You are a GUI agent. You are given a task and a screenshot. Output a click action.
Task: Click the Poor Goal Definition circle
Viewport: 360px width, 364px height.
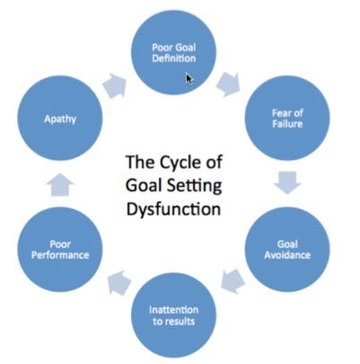174,52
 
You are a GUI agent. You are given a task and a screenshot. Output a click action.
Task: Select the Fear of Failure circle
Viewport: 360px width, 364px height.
287,118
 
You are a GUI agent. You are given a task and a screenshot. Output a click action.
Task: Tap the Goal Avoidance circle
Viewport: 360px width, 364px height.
287,249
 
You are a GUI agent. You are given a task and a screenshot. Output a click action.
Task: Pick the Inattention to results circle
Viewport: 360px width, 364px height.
174,315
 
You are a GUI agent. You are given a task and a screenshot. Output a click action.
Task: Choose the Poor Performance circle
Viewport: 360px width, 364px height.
60,249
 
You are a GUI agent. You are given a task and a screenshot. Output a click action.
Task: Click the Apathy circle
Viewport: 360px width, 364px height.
60,118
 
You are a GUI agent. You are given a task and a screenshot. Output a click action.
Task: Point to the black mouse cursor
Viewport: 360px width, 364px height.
189,79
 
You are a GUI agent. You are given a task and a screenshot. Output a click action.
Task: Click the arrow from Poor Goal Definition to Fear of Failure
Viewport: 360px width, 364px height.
229,84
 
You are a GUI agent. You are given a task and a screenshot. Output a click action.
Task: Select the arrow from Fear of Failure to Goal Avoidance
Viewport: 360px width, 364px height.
287,182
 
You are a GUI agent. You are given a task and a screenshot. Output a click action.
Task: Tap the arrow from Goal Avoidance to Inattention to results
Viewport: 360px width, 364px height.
233,281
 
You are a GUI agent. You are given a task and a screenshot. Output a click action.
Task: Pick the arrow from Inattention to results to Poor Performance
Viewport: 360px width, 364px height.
119,282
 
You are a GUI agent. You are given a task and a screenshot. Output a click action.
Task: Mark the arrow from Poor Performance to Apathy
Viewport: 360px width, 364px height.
60,184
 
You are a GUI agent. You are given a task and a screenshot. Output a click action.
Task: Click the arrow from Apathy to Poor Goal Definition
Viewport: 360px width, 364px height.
115,85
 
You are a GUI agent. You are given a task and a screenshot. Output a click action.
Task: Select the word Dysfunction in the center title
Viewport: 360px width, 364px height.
173,209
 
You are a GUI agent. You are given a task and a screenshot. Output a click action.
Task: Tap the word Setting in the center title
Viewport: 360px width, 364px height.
194,186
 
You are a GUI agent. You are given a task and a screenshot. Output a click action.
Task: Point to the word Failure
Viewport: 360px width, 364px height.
287,124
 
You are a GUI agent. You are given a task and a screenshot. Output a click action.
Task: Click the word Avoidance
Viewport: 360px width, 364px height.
287,255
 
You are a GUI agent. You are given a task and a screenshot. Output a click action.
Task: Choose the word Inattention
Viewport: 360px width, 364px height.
173,309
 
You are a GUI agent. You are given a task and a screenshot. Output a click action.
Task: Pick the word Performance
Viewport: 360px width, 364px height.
60,255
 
